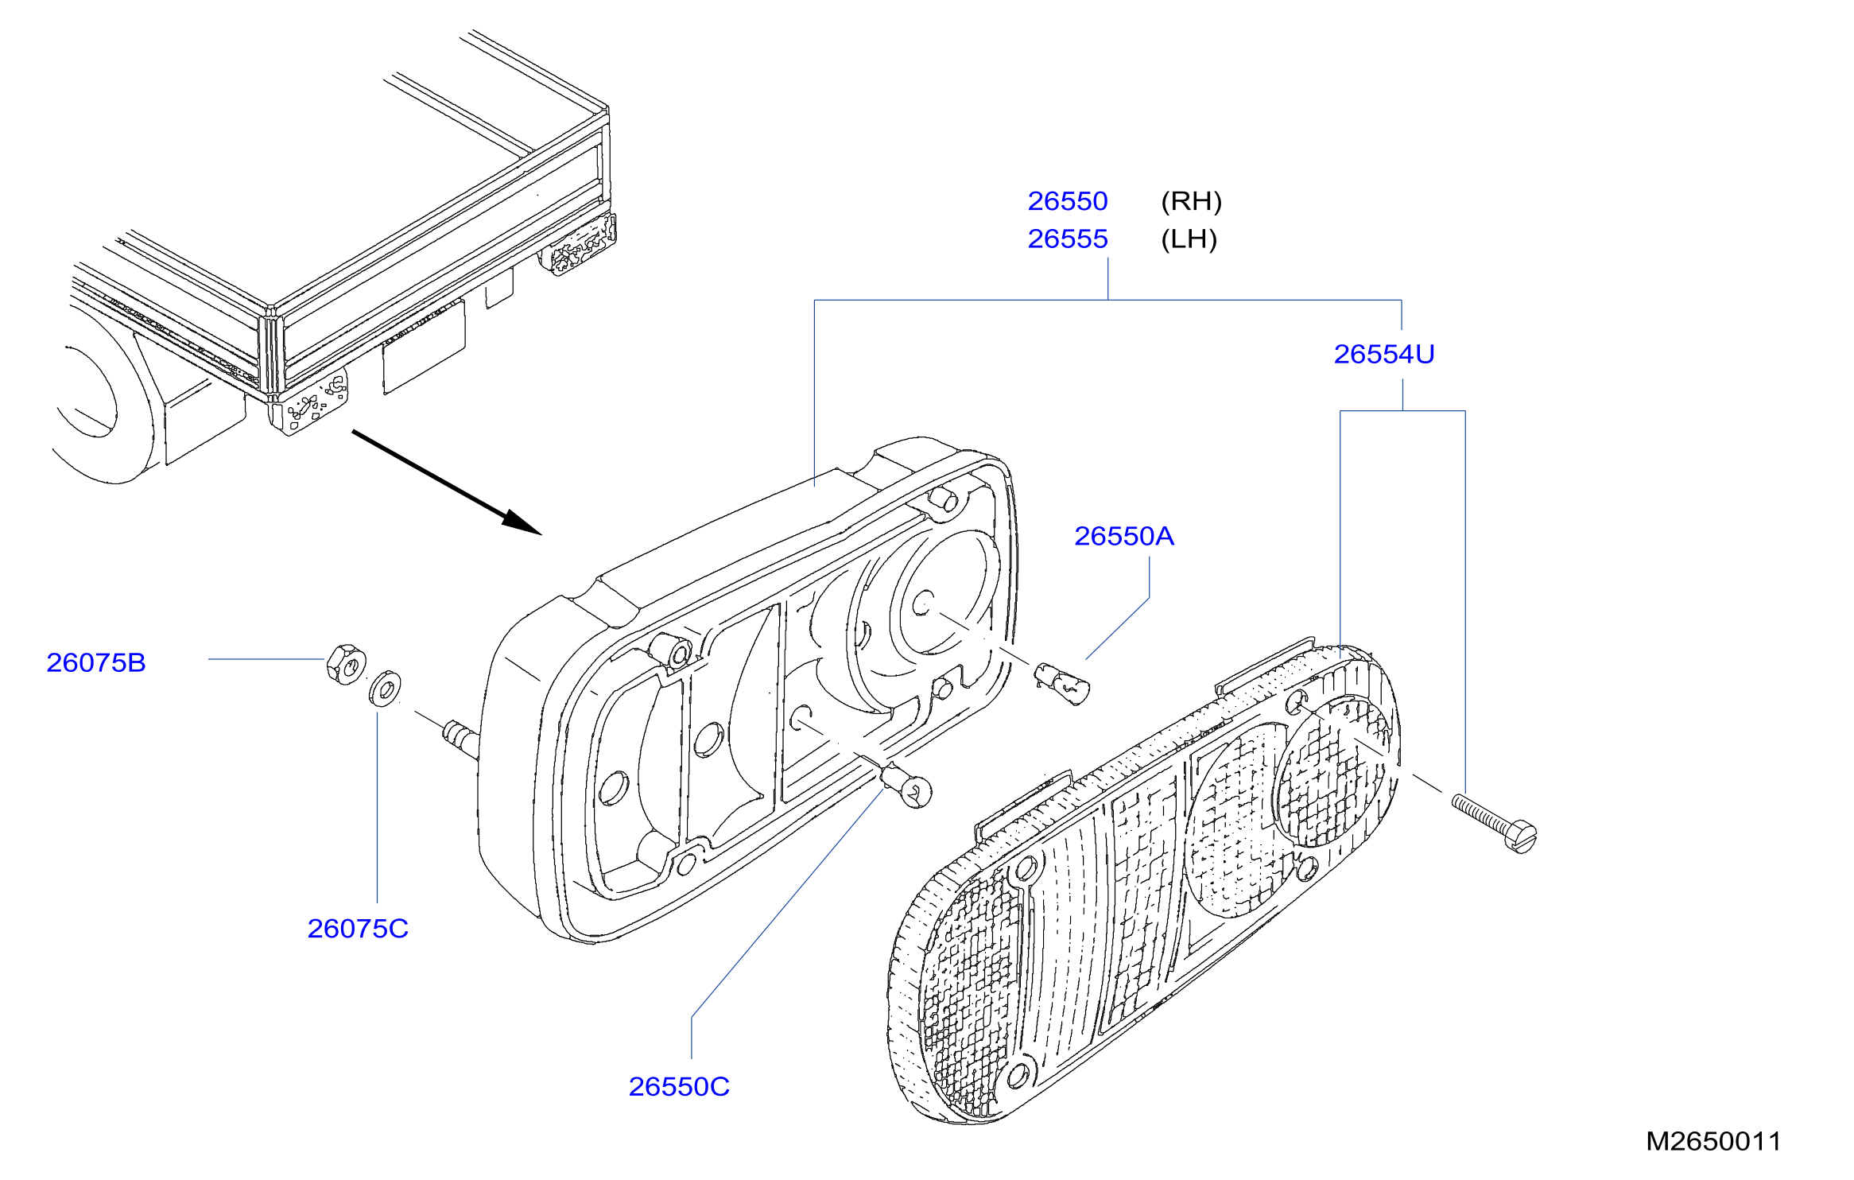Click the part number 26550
[1067, 201]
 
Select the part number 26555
[1067, 239]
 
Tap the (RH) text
[1191, 201]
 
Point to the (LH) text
[1189, 239]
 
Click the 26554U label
[1384, 354]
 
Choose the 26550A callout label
[1124, 536]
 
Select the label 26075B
[96, 662]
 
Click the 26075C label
[358, 928]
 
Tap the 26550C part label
[679, 1086]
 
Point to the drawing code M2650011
[1713, 1141]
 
